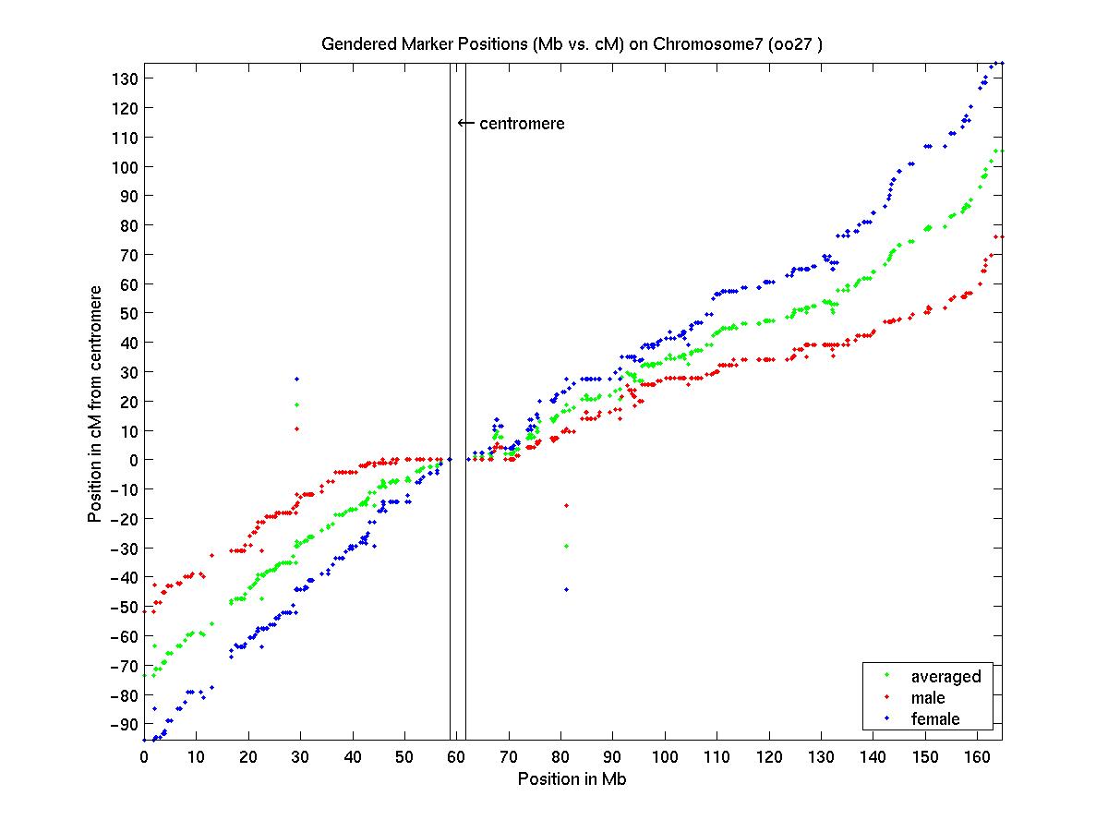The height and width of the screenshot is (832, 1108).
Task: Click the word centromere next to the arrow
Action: coord(522,123)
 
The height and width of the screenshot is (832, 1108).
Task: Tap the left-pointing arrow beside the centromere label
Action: coord(466,123)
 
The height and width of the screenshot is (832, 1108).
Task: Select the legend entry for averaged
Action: coord(945,676)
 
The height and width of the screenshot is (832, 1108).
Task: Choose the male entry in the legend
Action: coord(928,697)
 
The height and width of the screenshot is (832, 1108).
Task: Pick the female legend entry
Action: coord(934,718)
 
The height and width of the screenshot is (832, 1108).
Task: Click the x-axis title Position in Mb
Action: coord(573,778)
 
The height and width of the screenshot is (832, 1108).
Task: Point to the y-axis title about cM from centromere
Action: coord(94,402)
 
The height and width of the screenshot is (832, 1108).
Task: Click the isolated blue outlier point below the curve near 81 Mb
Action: coord(566,589)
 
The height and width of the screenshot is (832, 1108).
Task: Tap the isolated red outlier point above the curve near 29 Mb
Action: coord(296,428)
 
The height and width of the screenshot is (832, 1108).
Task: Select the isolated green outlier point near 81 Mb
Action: coord(566,546)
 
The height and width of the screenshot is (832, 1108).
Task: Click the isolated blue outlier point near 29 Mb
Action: coord(296,379)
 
